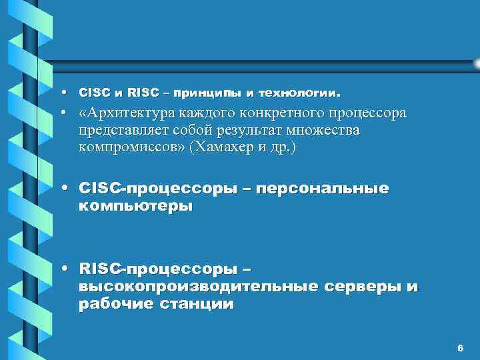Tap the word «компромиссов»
[x=131, y=147]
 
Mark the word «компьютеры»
[x=135, y=206]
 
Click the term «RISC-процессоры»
[x=157, y=269]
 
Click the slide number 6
[x=460, y=348]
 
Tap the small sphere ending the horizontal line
[x=476, y=63]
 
